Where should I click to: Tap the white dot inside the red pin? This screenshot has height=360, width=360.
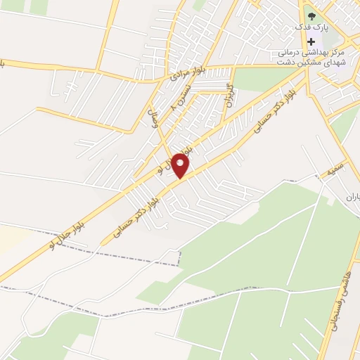(x=180, y=163)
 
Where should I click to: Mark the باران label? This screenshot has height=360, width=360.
(x=352, y=198)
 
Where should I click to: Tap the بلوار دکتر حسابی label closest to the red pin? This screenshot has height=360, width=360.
(x=145, y=208)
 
